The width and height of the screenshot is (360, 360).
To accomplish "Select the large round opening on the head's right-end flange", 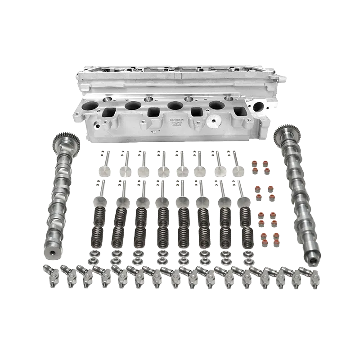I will click(x=258, y=107).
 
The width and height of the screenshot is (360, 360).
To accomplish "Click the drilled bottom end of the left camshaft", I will click(x=56, y=252).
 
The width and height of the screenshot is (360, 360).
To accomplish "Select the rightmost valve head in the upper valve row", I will click(x=238, y=171).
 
